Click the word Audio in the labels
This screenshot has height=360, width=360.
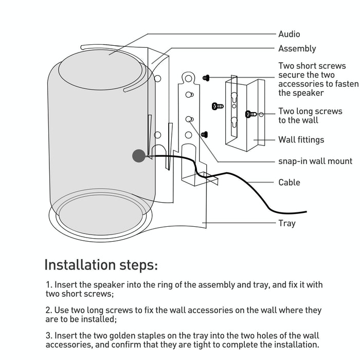(x=289, y=34)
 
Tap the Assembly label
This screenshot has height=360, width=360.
(x=297, y=49)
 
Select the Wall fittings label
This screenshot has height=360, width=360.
(x=301, y=139)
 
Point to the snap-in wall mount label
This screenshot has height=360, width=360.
(x=315, y=161)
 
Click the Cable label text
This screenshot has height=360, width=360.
(x=289, y=182)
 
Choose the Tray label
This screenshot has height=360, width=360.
(x=287, y=223)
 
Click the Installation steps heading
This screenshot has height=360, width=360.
(x=101, y=265)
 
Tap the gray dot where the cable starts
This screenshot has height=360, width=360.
(x=138, y=156)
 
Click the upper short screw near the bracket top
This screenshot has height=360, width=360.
(x=206, y=77)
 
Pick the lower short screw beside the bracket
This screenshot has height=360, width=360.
(x=204, y=134)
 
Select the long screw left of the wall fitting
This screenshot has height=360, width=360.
(x=218, y=106)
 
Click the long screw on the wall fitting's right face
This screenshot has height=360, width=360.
(x=251, y=114)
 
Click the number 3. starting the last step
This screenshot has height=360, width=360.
(x=49, y=335)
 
